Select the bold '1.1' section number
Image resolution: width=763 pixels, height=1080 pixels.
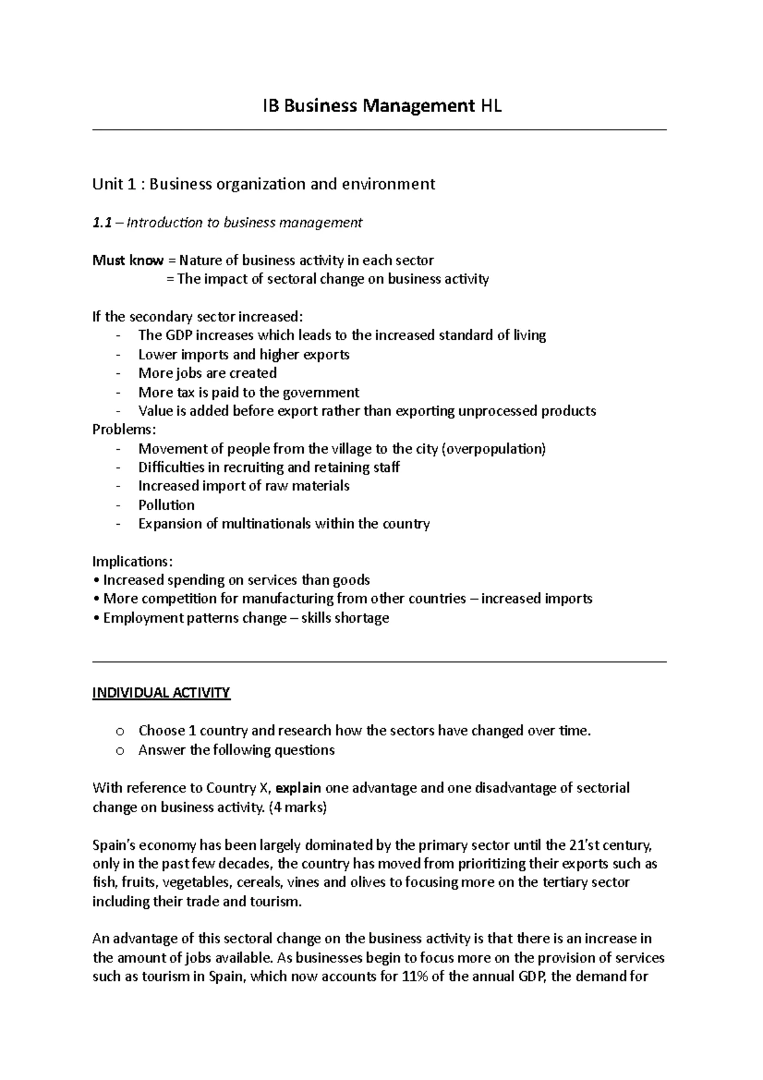coord(102,223)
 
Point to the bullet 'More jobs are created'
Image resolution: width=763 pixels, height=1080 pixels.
coord(207,373)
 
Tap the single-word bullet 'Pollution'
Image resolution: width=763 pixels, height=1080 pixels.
coord(167,505)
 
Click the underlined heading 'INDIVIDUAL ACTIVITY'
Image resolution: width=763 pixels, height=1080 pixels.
coord(162,693)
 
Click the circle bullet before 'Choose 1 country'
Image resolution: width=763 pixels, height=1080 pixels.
coord(121,731)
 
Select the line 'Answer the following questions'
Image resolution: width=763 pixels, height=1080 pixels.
coord(237,751)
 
